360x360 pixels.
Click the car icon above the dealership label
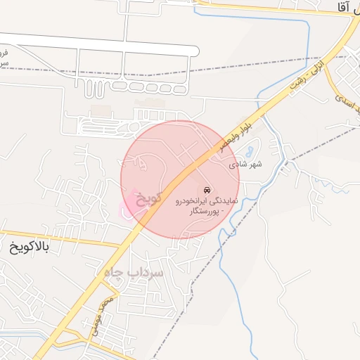(206, 191)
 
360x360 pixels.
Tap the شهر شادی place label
(245, 165)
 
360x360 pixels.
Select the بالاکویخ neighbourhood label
(34, 247)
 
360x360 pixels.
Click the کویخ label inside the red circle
(148, 198)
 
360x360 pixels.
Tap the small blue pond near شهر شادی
(251, 150)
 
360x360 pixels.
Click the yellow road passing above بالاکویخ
(63, 238)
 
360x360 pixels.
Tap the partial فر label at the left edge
(4, 53)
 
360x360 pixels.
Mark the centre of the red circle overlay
(180, 180)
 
